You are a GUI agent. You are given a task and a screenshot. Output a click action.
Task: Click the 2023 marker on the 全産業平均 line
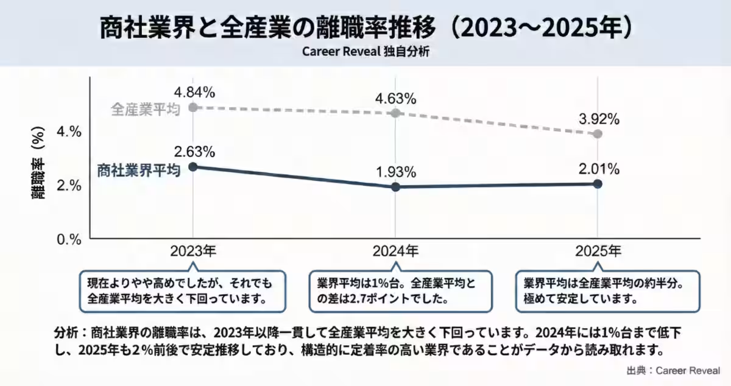click(193, 107)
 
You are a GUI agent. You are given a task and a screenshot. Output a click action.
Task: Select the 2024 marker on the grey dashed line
click(395, 113)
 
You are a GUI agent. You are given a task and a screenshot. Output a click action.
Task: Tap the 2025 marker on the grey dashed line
click(598, 134)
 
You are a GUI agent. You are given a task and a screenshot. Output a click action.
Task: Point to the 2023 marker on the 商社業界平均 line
click(193, 167)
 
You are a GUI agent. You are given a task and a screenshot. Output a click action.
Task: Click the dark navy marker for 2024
click(395, 187)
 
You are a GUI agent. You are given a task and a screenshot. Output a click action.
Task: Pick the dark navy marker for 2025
click(598, 184)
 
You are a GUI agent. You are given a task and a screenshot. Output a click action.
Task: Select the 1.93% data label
click(396, 172)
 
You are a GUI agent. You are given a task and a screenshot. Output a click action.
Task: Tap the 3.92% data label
click(599, 119)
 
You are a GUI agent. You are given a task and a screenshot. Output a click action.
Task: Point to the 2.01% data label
click(599, 169)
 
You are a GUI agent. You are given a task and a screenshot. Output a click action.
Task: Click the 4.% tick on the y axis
click(68, 132)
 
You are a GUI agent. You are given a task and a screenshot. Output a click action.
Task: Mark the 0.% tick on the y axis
click(68, 239)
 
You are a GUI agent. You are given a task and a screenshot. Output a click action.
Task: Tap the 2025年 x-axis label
click(598, 251)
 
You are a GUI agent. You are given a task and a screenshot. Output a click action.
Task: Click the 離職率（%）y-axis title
click(38, 165)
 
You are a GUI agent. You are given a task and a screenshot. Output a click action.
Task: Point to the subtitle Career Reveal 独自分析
click(365, 51)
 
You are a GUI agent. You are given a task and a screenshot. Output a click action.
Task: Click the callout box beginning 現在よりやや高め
click(183, 291)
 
